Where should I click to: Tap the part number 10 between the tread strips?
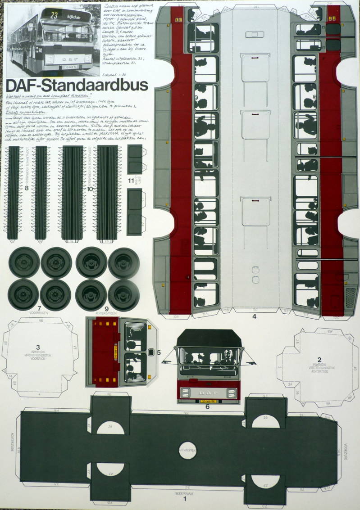90,189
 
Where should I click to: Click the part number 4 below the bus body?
254,316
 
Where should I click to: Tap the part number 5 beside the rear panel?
159,352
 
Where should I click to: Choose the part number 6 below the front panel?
207,406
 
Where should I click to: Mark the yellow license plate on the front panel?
207,400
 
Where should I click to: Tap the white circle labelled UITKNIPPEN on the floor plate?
187,451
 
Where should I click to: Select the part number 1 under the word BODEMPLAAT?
184,498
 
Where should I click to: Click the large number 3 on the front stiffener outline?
38,347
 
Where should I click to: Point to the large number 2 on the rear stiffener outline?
319,359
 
